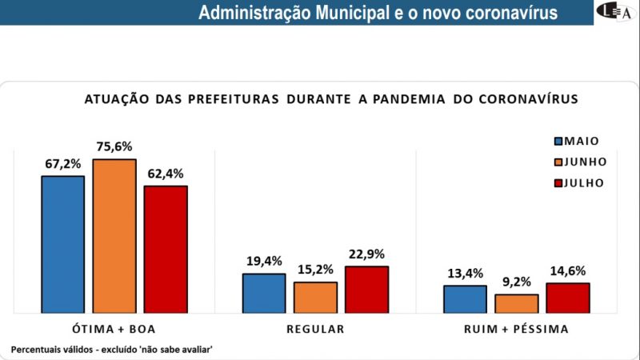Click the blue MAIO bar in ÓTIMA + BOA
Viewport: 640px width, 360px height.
(62, 243)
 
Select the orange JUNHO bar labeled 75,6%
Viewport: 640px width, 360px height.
(114, 235)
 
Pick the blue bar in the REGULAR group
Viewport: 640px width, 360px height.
(264, 293)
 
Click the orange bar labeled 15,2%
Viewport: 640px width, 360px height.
(315, 297)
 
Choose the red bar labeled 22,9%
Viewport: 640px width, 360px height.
(366, 289)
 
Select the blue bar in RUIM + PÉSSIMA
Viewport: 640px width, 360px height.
(465, 298)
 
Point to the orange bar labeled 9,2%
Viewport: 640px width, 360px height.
(516, 303)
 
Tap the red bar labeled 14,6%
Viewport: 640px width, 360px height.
(567, 297)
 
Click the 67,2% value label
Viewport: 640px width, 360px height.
(63, 163)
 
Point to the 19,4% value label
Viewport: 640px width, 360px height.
(264, 261)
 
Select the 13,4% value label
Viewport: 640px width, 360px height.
(465, 273)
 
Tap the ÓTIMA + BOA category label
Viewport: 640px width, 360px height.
(114, 329)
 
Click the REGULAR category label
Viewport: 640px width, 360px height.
(315, 329)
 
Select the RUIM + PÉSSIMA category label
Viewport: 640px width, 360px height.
(516, 329)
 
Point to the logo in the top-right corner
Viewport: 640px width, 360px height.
(617, 11)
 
